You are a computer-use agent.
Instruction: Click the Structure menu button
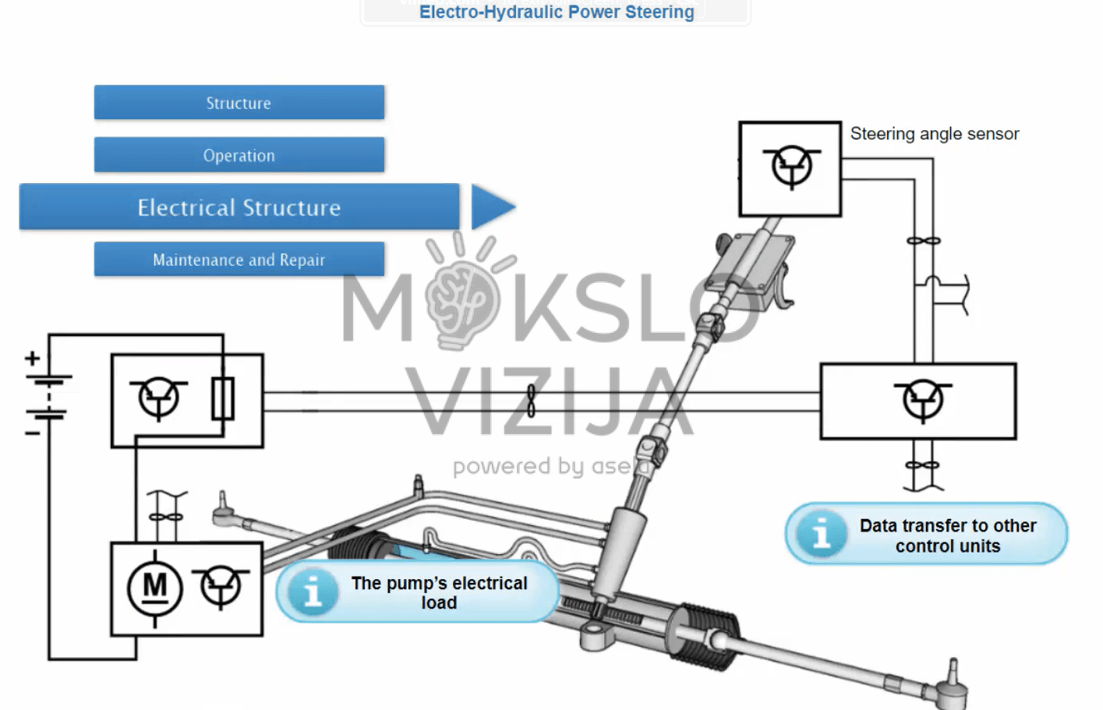[239, 103]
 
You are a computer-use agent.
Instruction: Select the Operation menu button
[239, 155]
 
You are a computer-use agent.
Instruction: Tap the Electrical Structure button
[239, 207]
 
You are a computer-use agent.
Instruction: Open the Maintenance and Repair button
[239, 260]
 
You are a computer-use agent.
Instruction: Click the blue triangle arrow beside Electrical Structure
[491, 207]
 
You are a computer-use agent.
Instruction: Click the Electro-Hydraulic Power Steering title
[556, 12]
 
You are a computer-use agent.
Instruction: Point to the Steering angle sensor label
[934, 134]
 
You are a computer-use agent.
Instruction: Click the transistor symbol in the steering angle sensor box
[791, 166]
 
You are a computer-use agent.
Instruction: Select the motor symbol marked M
[154, 588]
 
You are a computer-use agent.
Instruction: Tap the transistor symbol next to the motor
[221, 586]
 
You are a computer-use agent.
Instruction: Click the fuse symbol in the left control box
[223, 398]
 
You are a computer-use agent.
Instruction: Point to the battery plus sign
[32, 359]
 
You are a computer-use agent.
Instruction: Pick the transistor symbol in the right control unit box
[923, 401]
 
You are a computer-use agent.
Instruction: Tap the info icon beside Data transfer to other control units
[820, 535]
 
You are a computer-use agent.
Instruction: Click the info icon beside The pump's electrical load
[313, 592]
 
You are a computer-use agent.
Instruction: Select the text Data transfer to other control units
[947, 535]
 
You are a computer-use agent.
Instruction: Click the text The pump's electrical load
[439, 592]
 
